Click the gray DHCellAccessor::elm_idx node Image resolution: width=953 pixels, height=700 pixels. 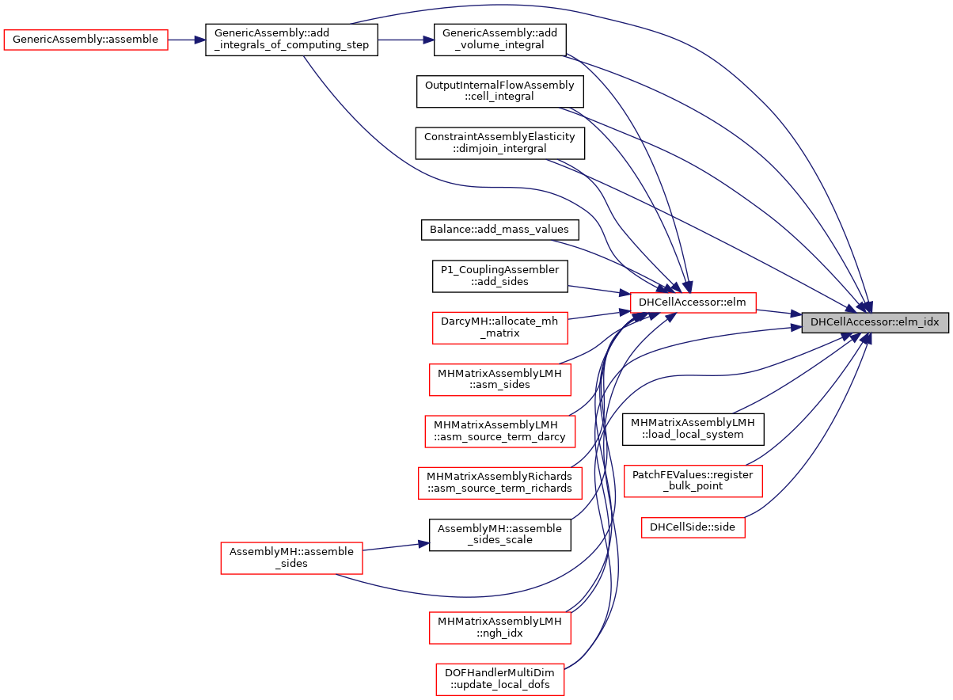[x=875, y=322]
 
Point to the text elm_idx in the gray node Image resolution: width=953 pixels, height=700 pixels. [x=921, y=322]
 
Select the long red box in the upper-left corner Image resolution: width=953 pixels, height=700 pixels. [x=85, y=40]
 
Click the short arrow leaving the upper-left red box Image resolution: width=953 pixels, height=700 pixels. [x=187, y=40]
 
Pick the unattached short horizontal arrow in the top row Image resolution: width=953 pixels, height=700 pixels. [x=406, y=40]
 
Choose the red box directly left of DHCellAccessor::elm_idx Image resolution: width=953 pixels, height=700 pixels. [x=693, y=302]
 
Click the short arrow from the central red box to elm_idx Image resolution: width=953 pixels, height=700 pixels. [x=779, y=313]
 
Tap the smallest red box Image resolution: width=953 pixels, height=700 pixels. [x=693, y=527]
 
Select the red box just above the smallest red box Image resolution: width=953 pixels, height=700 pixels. [x=693, y=481]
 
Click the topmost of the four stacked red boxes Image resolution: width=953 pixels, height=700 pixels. [x=499, y=328]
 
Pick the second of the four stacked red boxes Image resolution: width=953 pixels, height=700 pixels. [x=499, y=380]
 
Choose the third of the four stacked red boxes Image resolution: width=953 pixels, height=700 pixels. [x=499, y=432]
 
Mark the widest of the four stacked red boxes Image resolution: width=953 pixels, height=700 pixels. [x=499, y=483]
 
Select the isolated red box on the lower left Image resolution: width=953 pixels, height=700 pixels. [x=291, y=558]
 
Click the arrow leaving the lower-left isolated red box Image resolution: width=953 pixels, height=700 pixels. [x=396, y=546]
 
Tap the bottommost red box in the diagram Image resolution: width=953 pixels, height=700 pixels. [x=499, y=679]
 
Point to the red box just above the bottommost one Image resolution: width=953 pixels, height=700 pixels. [x=499, y=628]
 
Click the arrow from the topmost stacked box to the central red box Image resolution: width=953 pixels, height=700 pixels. [x=598, y=315]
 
